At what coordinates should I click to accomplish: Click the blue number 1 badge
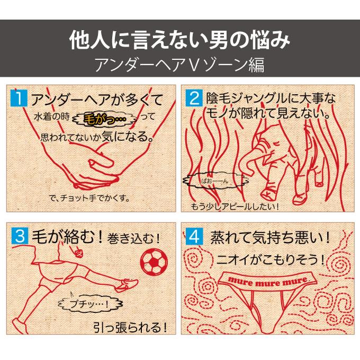coord(19,98)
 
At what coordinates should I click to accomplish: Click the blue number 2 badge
coord(194,98)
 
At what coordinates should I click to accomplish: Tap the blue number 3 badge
coord(20,236)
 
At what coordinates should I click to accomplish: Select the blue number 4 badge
coord(194,236)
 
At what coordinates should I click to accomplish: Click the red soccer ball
coord(154,262)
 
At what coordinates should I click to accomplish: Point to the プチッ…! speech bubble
coord(90,304)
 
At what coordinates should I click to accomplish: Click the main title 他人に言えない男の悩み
coord(180,40)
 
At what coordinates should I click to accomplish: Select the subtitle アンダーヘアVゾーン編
coord(180,65)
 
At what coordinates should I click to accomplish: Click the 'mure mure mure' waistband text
coord(268,281)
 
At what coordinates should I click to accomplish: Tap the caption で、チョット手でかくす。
coord(89,198)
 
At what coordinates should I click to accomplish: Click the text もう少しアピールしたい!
coord(235,206)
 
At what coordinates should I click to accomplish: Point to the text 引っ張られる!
coord(130,327)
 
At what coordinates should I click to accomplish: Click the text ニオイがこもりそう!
coord(271,259)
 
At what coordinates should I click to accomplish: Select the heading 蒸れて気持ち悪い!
coord(270,238)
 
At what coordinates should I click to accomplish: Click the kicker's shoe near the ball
coord(127,285)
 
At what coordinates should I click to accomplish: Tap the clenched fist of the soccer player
coord(78,253)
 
